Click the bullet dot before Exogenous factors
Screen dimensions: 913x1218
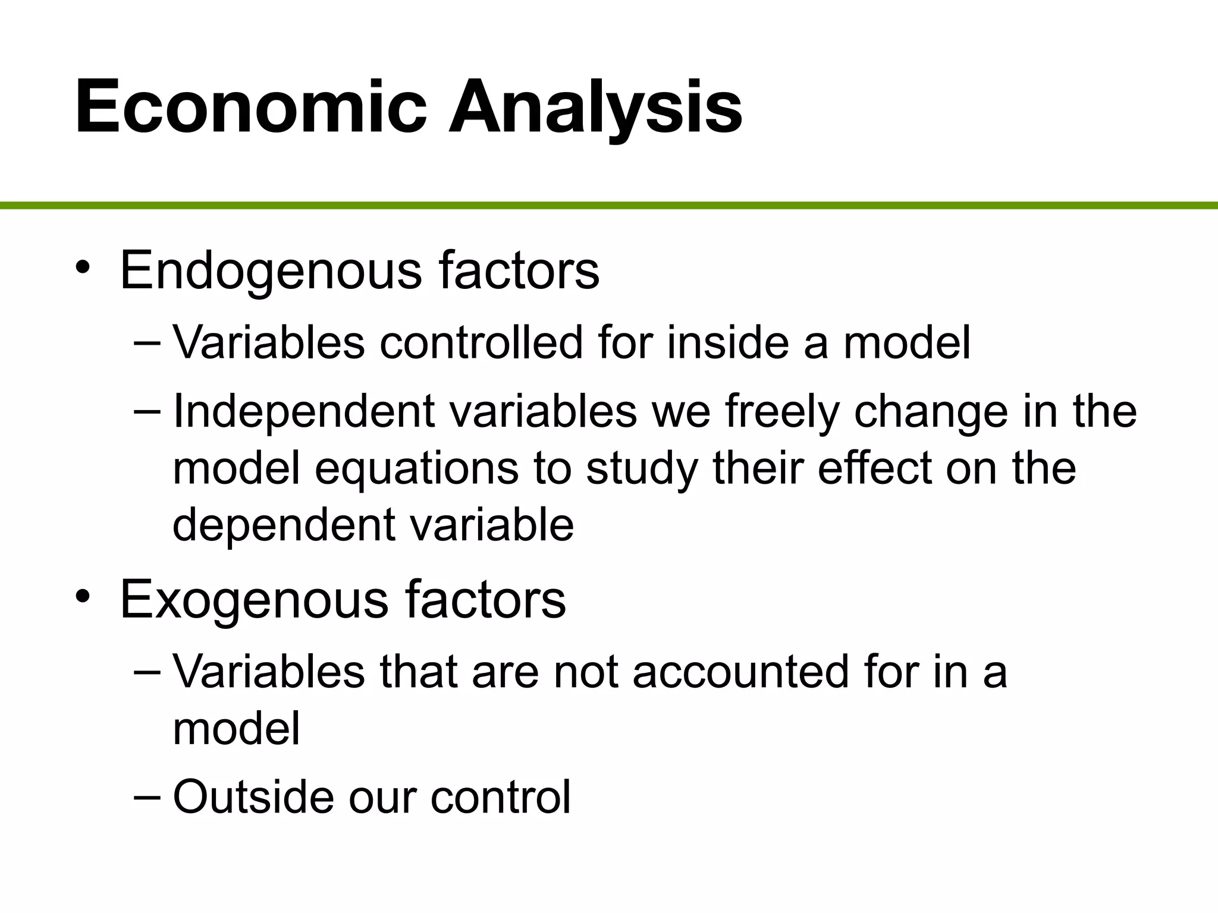tap(83, 596)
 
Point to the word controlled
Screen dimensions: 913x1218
tap(481, 343)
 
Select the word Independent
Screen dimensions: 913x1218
tap(303, 412)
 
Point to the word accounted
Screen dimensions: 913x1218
tap(740, 672)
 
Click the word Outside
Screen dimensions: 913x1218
tap(253, 796)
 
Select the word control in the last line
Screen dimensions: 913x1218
tap(500, 796)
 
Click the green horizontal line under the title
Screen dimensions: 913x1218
tap(609, 206)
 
